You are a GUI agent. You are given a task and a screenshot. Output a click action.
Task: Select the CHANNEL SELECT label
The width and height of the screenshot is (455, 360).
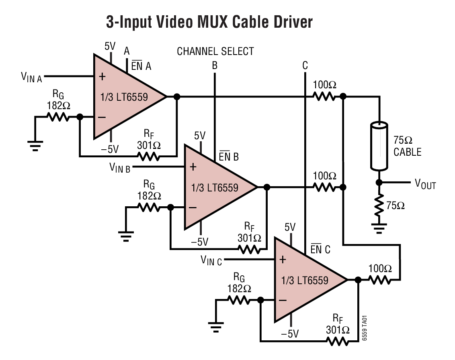pos(215,52)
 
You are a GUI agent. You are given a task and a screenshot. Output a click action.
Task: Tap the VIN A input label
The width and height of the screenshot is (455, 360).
pos(31,77)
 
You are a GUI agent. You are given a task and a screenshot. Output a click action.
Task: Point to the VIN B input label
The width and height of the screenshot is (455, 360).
pos(120,167)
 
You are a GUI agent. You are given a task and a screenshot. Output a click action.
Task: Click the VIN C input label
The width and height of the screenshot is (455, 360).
pos(211,260)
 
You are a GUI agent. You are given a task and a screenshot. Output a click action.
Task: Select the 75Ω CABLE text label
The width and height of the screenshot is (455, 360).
pos(407,146)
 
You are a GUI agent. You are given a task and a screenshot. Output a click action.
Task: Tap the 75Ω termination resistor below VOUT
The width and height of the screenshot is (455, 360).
pos(379,205)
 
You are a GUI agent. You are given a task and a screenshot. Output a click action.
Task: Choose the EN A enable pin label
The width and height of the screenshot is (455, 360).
pos(141,66)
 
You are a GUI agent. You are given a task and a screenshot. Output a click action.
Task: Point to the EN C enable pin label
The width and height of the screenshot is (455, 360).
pos(320,250)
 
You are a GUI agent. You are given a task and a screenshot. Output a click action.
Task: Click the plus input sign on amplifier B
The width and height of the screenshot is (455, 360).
pos(193,167)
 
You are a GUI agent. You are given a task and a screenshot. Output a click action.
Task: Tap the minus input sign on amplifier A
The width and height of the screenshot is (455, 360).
pos(102,117)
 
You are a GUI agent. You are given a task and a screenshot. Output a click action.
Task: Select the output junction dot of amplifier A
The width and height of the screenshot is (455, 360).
pos(176,97)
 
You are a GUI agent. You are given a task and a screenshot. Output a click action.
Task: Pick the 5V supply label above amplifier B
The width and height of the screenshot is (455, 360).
pos(200,136)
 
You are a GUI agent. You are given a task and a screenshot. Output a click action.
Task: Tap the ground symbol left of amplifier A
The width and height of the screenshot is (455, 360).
pos(35,146)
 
